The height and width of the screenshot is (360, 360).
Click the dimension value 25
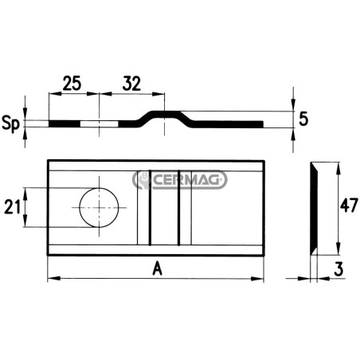72,83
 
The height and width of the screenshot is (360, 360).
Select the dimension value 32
131,84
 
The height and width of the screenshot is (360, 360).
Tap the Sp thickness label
10,124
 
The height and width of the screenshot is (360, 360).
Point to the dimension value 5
303,119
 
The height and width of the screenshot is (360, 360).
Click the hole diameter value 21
13,207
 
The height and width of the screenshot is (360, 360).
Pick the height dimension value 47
349,205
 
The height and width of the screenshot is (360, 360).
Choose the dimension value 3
338,269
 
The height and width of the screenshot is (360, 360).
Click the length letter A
157,269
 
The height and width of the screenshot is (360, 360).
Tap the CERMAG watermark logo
180,180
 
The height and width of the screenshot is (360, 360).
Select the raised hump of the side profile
165,117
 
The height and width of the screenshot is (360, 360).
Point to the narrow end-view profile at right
314,209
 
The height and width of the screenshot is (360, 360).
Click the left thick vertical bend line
150,208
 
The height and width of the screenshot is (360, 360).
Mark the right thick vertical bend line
179,208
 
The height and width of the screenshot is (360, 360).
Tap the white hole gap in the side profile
100,124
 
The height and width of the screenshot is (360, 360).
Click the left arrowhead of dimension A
53,279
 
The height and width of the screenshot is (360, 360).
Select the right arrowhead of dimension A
257,279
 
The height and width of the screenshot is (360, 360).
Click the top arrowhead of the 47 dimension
338,168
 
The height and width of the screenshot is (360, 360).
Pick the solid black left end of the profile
65,124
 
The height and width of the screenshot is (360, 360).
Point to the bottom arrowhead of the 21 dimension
25,221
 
